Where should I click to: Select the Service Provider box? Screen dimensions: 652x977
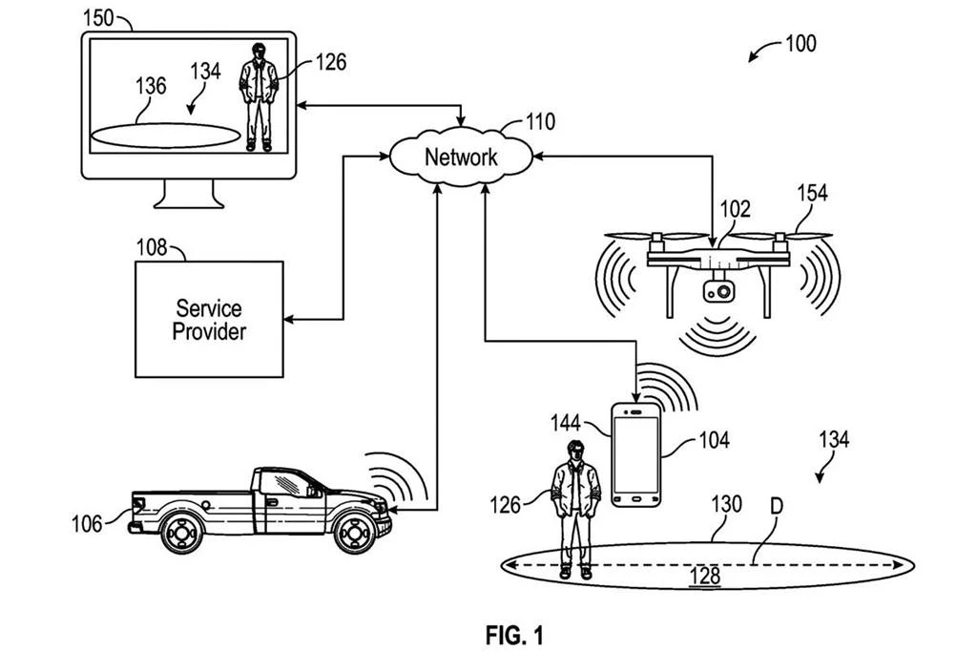[209, 319]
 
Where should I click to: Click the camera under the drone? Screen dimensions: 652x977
[720, 289]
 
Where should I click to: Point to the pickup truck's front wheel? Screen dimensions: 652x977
[355, 533]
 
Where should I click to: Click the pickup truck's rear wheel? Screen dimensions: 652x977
[181, 533]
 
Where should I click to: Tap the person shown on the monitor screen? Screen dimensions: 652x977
[259, 95]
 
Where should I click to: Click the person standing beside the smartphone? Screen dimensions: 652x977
[574, 506]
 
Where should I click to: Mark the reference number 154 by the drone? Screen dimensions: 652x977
[812, 194]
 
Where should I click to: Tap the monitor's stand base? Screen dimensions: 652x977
[188, 200]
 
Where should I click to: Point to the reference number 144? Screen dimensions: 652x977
[567, 420]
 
